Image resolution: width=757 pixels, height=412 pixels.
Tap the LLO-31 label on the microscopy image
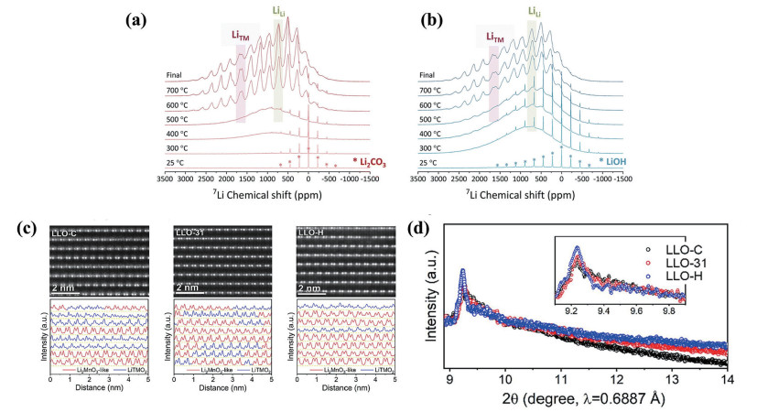tap(191, 235)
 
